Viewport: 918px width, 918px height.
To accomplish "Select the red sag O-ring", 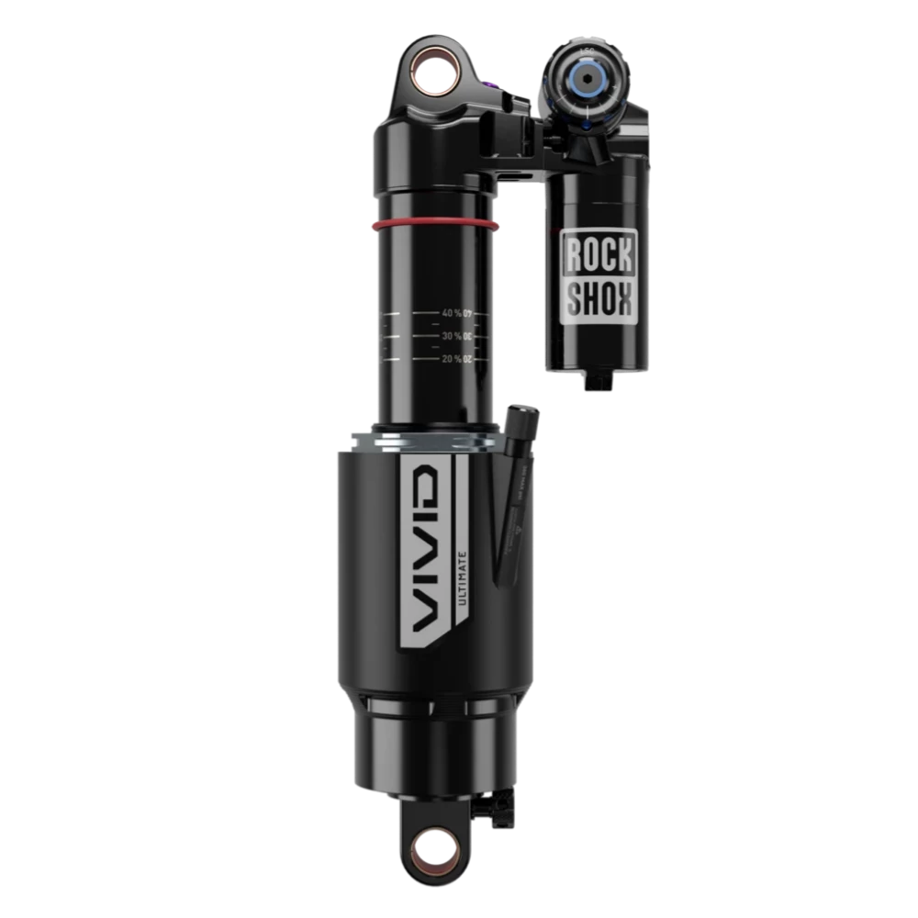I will coord(436,222).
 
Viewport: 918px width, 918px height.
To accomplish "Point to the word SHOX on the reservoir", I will coord(598,297).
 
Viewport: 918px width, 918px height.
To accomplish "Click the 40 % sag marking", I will coord(452,313).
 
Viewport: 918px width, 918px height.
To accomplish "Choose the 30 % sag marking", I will coord(452,336).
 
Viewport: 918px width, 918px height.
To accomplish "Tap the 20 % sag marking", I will coord(452,359).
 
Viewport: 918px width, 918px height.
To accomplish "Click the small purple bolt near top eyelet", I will coord(497,86).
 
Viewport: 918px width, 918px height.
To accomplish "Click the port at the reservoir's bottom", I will coord(602,377).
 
